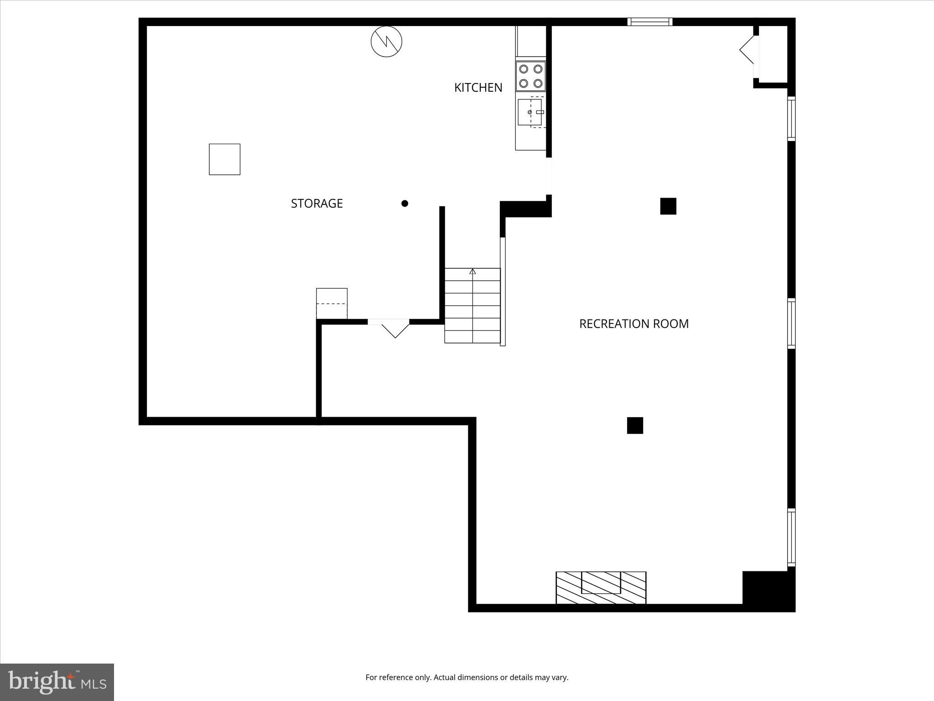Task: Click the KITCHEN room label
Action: point(478,88)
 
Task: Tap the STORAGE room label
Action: point(317,204)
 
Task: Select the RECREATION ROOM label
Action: point(633,324)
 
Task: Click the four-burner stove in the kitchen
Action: point(531,76)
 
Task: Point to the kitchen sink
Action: point(530,112)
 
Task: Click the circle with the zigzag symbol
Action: point(386,42)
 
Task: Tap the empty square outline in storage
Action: point(224,159)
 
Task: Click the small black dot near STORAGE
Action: point(405,204)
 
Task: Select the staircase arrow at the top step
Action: point(472,272)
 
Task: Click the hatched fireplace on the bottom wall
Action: point(601,587)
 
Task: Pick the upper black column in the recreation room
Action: point(668,206)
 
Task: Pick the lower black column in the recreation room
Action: point(635,425)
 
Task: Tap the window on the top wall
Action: point(649,22)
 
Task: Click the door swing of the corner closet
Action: point(747,50)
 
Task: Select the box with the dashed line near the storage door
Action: point(332,303)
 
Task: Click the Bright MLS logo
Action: point(57,682)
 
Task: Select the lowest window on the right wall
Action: point(791,538)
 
